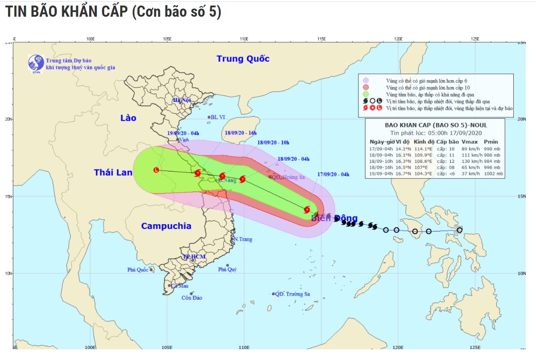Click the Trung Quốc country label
click(243, 59)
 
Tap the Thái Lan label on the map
click(113, 172)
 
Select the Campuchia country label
click(166, 226)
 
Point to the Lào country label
click(128, 117)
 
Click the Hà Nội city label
click(181, 100)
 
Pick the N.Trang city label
click(243, 239)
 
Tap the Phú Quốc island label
click(137, 270)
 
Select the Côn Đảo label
click(192, 298)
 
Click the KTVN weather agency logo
click(36, 63)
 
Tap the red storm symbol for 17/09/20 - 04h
click(307, 210)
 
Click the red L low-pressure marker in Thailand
click(156, 170)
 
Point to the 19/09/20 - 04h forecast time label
click(183, 133)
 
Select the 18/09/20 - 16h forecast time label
click(240, 133)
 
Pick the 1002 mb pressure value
click(494, 174)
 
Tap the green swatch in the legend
click(366, 94)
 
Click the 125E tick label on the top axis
click(475, 39)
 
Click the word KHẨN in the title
click(82, 12)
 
